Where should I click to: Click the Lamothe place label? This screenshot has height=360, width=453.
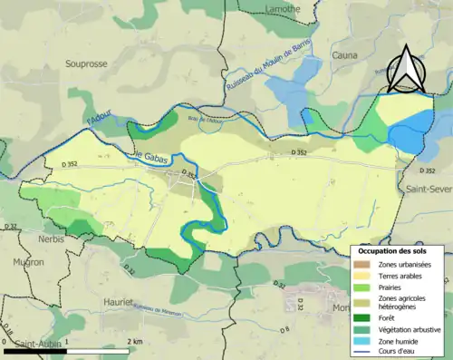(283, 8)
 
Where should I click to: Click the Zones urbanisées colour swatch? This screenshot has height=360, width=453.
(364, 263)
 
